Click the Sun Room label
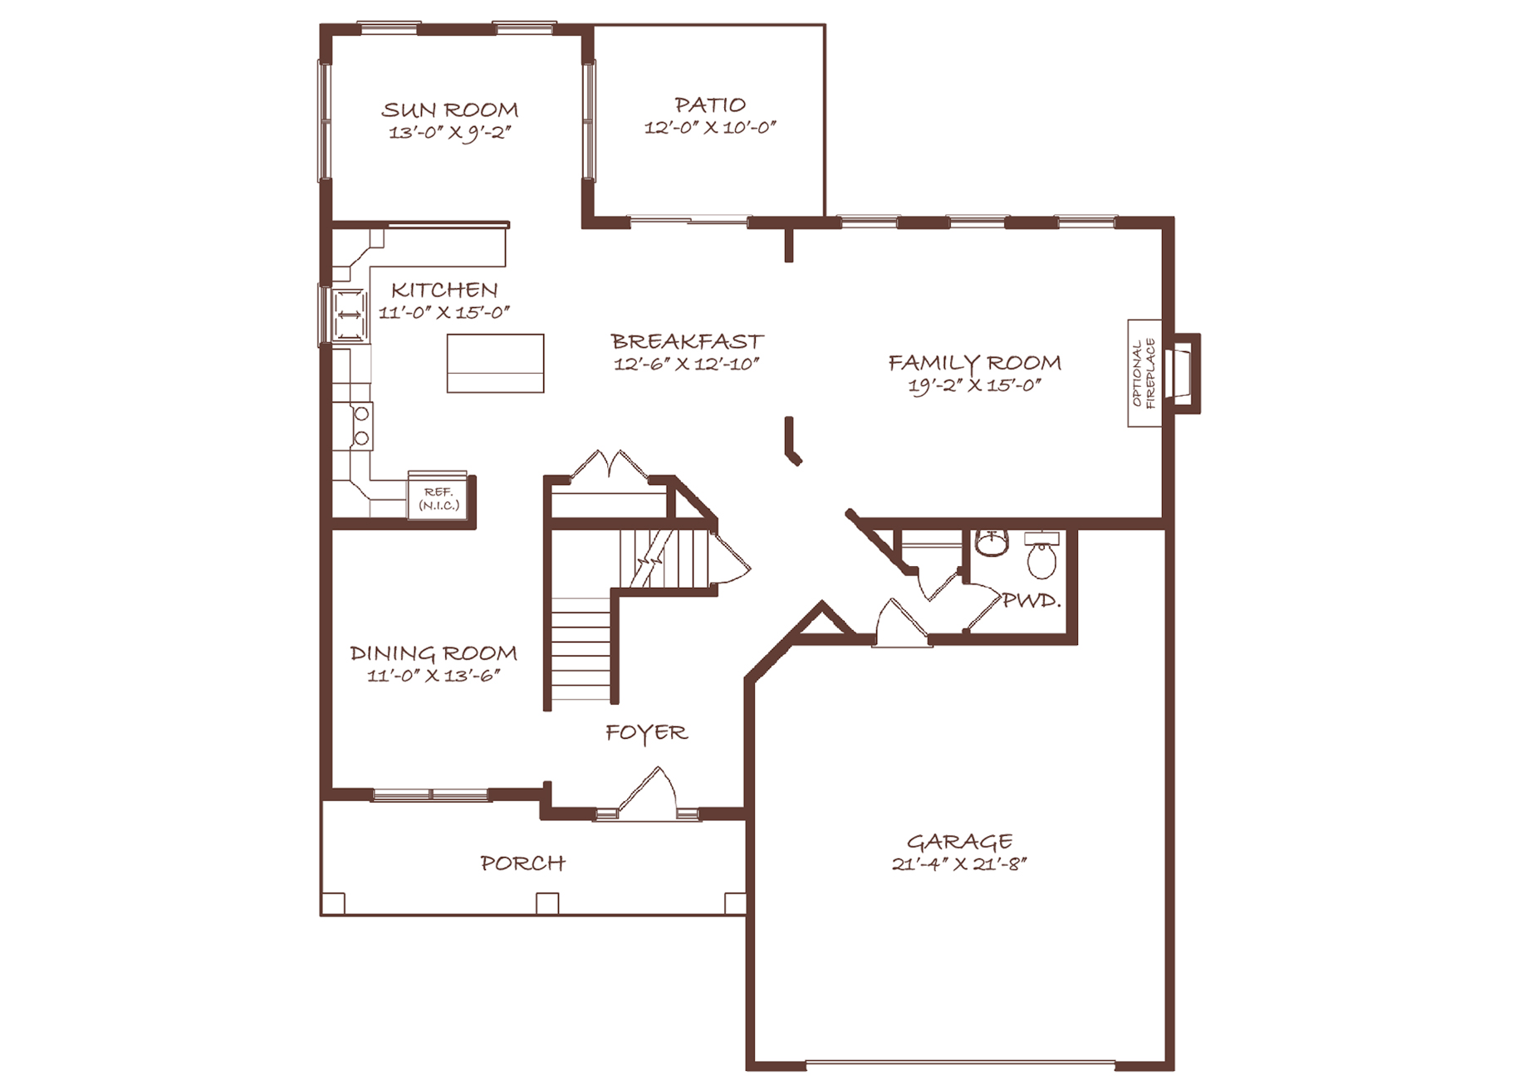pos(449,110)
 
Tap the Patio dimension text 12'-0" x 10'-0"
pos(710,128)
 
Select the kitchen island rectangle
pos(495,363)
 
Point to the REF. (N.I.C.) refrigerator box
pos(438,496)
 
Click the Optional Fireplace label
pos(1144,374)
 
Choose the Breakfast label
pos(687,341)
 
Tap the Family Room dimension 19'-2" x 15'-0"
pos(974,386)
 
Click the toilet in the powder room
pos(1041,555)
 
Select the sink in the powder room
pos(992,543)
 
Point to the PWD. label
pos(1031,600)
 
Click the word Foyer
pos(646,733)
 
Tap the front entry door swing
pos(649,793)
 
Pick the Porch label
pos(522,863)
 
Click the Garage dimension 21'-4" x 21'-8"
pos(959,864)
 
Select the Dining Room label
pos(434,653)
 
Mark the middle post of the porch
pos(547,903)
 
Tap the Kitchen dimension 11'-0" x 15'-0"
pos(444,313)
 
